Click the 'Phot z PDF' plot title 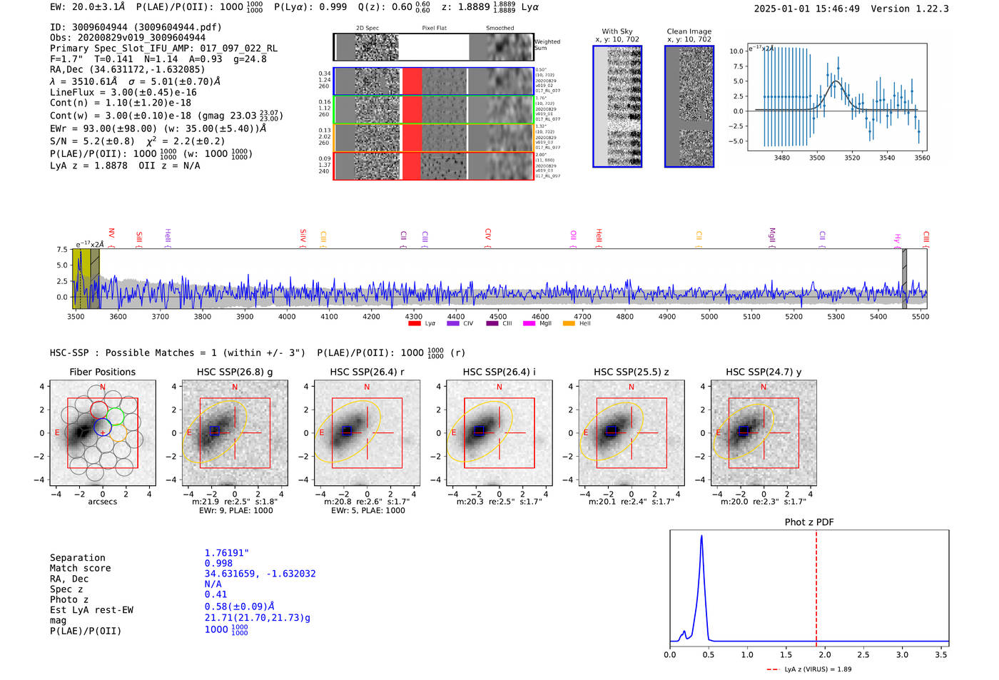coord(809,522)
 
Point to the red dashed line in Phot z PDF coord(816,585)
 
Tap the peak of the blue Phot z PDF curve coord(701,536)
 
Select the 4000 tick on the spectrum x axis coord(287,317)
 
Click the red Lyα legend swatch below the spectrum coord(415,324)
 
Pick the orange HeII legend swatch coord(569,324)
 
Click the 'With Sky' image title coord(617,31)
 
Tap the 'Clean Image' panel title coord(689,31)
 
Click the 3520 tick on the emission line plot coord(852,158)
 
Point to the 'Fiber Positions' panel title coord(102,372)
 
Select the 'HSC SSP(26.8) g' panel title coord(234,372)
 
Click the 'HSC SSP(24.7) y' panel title coord(764,372)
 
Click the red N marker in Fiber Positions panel coord(103,387)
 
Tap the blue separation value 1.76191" coord(226,553)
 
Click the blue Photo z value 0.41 coord(215,594)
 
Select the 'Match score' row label coord(80,568)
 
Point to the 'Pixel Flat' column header coord(434,29)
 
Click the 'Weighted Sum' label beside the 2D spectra coord(547,45)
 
